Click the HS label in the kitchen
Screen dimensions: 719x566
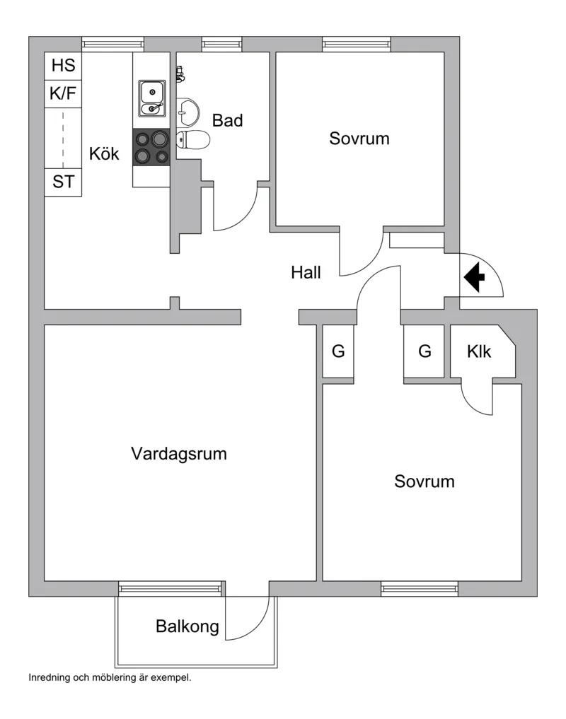[x=63, y=66]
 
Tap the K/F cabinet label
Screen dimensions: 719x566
[x=63, y=93]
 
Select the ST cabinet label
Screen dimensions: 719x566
[x=63, y=182]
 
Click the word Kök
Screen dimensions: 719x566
[x=104, y=153]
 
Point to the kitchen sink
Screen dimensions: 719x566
[x=151, y=99]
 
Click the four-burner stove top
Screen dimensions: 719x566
[x=151, y=147]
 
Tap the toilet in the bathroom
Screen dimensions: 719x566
[x=192, y=140]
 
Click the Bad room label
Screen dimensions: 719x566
[x=227, y=121]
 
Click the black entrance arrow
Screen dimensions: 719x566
[x=473, y=277]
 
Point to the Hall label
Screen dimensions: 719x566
[x=306, y=272]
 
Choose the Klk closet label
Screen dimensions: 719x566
[x=479, y=351]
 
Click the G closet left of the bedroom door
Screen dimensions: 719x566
[x=338, y=351]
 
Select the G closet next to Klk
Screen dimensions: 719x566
[x=424, y=351]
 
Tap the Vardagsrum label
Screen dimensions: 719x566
[x=179, y=454]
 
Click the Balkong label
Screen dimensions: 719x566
[x=187, y=626]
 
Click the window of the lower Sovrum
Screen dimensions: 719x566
[x=420, y=588]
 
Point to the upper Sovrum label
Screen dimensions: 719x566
[x=359, y=139]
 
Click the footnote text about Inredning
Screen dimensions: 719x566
[x=110, y=677]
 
